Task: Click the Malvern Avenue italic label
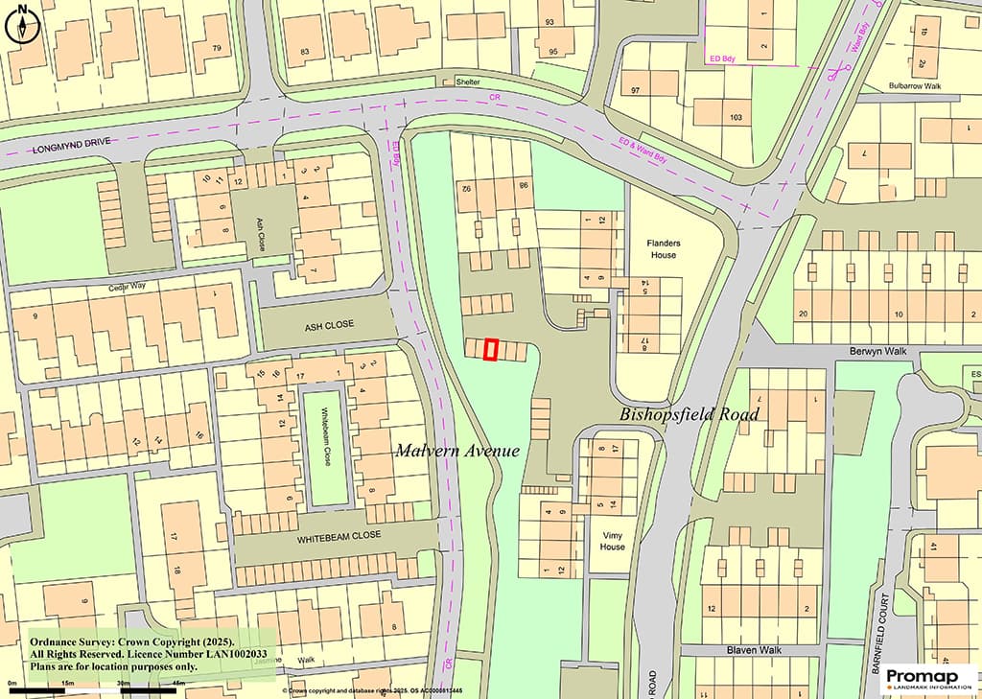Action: [x=457, y=451]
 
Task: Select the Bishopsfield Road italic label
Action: [x=690, y=414]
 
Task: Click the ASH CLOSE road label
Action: [x=329, y=324]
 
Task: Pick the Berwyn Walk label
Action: [x=877, y=352]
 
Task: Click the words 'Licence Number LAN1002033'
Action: [x=202, y=654]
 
